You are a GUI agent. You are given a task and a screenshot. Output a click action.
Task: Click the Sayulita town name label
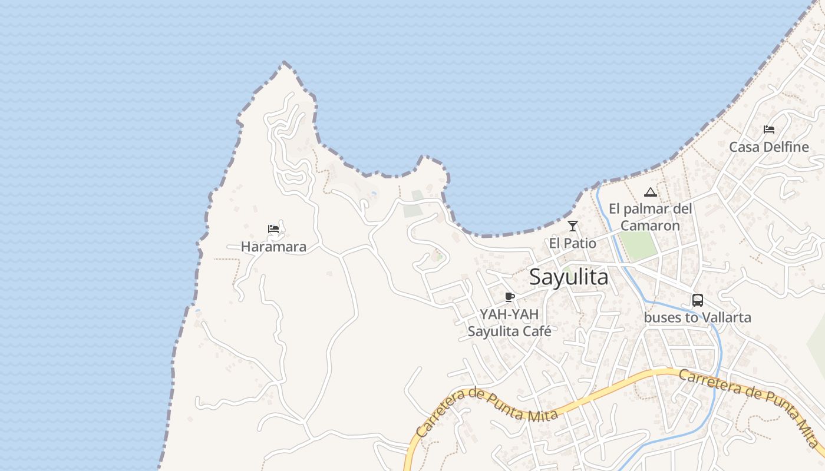pos(569,277)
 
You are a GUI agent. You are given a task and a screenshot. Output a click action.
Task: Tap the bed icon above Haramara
pos(273,229)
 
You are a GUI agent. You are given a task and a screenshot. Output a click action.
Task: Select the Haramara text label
pos(273,247)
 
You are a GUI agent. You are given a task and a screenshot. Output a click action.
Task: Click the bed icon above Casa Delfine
pos(769,130)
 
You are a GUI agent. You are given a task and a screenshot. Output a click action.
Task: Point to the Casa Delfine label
pos(769,147)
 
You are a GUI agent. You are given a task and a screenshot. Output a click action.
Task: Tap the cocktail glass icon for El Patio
pos(573,226)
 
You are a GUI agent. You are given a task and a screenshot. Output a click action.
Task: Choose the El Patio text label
pos(573,243)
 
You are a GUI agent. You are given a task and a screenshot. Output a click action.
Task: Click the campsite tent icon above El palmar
pos(650,192)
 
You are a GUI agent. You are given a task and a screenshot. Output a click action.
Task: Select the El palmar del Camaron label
pos(650,217)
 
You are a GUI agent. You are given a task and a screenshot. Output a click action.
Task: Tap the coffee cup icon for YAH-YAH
pos(510,297)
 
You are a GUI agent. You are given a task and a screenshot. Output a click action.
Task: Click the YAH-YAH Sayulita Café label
pos(509,323)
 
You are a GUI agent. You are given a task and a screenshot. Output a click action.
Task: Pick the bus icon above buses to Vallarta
pos(698,300)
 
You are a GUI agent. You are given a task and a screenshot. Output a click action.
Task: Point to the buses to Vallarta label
pos(698,318)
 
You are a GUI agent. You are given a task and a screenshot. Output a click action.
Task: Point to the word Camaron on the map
pos(650,225)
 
